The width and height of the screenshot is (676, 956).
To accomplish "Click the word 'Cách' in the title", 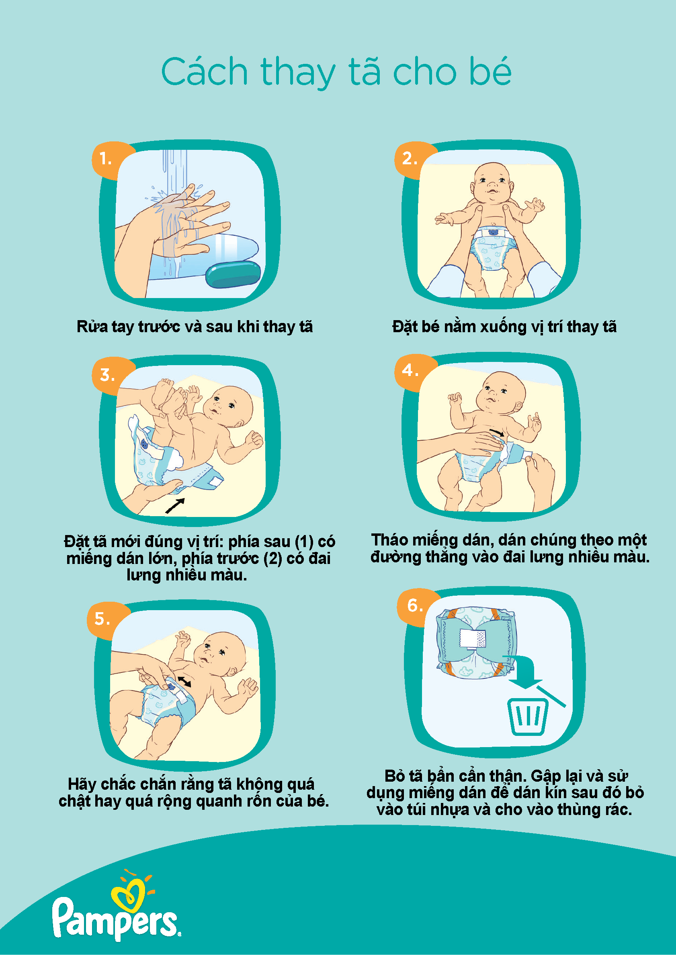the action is click(x=205, y=71).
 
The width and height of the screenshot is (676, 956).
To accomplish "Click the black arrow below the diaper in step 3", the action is click(x=175, y=505).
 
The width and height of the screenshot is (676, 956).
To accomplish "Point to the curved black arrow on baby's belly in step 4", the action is click(x=497, y=432).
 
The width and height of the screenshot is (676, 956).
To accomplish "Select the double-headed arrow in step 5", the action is click(x=184, y=682).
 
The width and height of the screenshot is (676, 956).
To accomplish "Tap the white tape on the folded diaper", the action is click(x=473, y=639).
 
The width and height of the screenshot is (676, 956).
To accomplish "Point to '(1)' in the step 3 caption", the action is click(x=304, y=542).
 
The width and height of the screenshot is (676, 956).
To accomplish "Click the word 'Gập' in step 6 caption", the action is click(x=546, y=776).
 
